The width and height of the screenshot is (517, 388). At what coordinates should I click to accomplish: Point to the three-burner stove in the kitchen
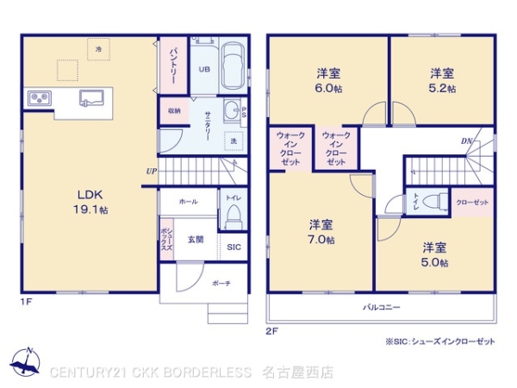pyautogui.click(x=40, y=97)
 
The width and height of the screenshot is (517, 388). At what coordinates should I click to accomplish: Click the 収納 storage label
pyautogui.click(x=173, y=110)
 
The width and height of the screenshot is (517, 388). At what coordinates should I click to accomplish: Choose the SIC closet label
pyautogui.click(x=234, y=247)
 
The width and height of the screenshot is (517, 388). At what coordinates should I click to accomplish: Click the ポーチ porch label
pyautogui.click(x=221, y=284)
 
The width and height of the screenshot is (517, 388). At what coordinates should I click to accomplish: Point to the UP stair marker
pyautogui.click(x=151, y=171)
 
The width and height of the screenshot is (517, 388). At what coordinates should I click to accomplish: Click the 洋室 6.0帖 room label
pyautogui.click(x=327, y=80)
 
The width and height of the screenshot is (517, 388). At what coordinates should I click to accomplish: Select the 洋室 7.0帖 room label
pyautogui.click(x=321, y=232)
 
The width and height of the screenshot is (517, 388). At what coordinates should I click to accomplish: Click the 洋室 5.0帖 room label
pyautogui.click(x=433, y=254)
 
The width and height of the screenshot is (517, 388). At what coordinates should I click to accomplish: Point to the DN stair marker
pyautogui.click(x=465, y=141)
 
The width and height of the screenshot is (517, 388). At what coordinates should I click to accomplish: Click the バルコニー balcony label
pyautogui.click(x=378, y=307)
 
